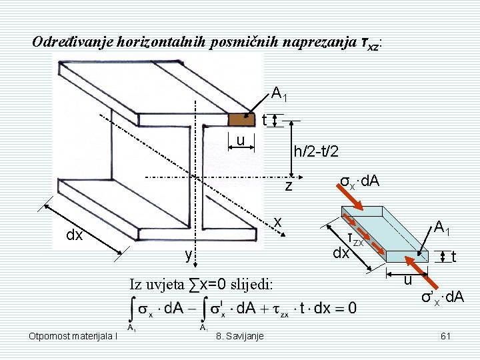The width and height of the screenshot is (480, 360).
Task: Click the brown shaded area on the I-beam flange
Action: [x=242, y=119]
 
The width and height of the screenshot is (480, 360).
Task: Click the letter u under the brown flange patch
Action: [x=243, y=139]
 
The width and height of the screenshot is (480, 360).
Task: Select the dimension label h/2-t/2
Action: [x=316, y=152]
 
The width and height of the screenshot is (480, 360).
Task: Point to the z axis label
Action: [x=289, y=186]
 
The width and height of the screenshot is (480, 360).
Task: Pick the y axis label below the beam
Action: [x=189, y=255]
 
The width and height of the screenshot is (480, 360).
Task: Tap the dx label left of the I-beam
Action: [x=74, y=235]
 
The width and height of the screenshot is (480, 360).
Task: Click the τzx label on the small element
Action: [x=355, y=238]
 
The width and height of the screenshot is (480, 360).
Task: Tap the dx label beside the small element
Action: [x=341, y=254]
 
